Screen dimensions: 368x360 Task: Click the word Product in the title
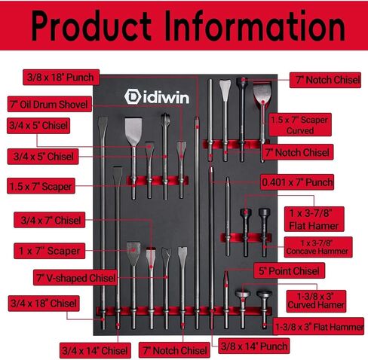pyautogui.click(x=91, y=26)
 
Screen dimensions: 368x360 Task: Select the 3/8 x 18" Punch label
pyautogui.click(x=61, y=78)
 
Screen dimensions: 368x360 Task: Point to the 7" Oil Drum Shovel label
pyautogui.click(x=50, y=104)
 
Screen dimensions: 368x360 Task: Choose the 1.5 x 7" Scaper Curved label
pyautogui.click(x=300, y=125)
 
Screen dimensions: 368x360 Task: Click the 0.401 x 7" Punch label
pyautogui.click(x=297, y=182)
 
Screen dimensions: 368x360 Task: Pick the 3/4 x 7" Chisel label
pyautogui.click(x=50, y=220)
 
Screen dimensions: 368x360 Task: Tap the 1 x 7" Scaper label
pyautogui.click(x=50, y=251)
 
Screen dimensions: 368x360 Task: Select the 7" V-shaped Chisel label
pyautogui.click(x=75, y=278)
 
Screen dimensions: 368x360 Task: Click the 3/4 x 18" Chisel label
pyautogui.click(x=44, y=304)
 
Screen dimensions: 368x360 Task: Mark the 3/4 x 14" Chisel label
pyautogui.click(x=95, y=350)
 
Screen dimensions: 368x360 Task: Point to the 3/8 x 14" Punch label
pyautogui.click(x=254, y=346)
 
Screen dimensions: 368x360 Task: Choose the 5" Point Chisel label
pyautogui.click(x=289, y=270)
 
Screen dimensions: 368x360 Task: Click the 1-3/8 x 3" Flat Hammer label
pyautogui.click(x=318, y=326)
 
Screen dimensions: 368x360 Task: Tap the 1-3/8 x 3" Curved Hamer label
pyautogui.click(x=316, y=301)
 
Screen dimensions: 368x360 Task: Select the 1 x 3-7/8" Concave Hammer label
pyautogui.click(x=318, y=247)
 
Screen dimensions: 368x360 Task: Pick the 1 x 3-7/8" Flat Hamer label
pyautogui.click(x=314, y=219)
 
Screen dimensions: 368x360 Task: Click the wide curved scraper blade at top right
pyautogui.click(x=262, y=93)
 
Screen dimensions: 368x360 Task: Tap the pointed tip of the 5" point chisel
pyautogui.click(x=226, y=272)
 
